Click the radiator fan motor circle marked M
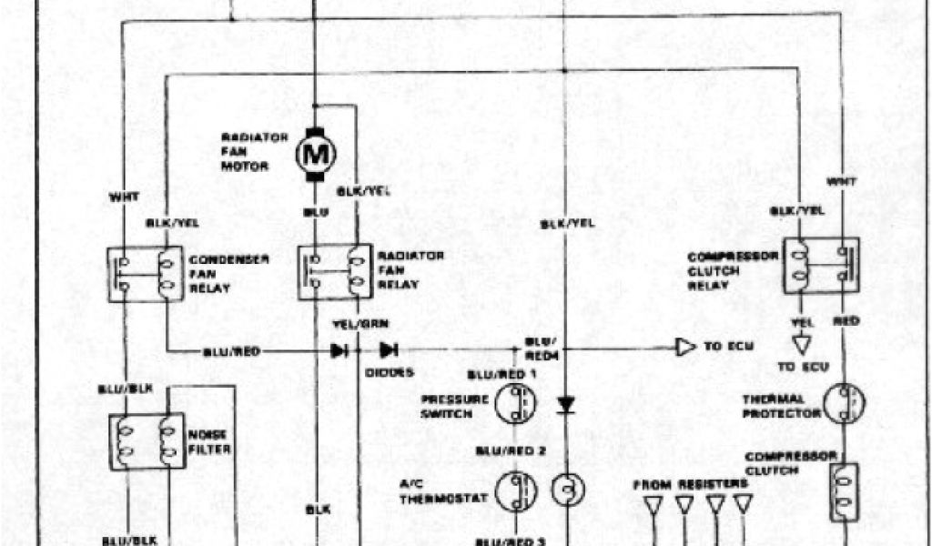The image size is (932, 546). point(315,154)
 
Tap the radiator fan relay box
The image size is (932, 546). point(334,270)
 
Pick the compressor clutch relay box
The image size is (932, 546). point(821,265)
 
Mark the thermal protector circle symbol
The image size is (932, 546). point(844,404)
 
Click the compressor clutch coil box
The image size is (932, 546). point(844,492)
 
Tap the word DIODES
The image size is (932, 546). point(389,372)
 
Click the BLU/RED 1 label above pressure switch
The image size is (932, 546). point(502,375)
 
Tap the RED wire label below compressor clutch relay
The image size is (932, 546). point(846,321)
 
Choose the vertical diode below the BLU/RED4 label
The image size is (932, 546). point(565,402)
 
